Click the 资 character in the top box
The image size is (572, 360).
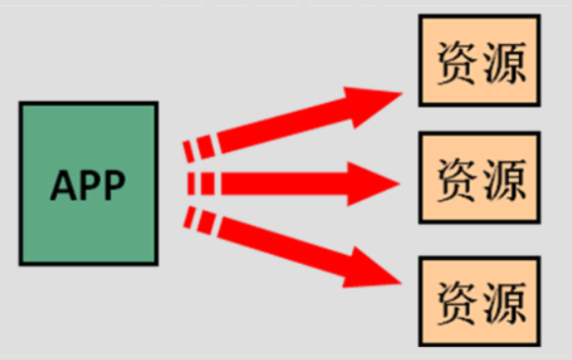click(x=455, y=62)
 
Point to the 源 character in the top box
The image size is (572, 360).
click(x=504, y=62)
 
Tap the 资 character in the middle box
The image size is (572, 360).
click(x=455, y=178)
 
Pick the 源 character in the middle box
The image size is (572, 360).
click(x=504, y=178)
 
